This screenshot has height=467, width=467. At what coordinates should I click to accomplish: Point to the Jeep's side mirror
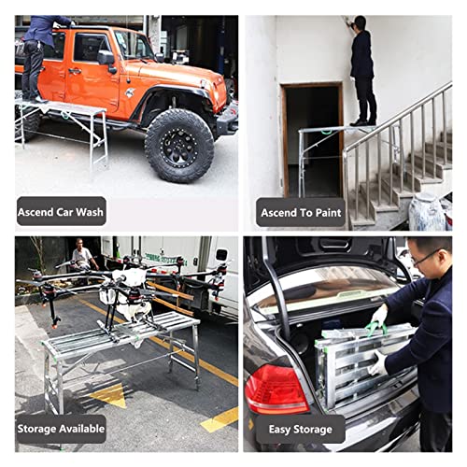[x=106, y=58]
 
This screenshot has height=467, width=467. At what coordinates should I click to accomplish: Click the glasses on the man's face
[x=425, y=260]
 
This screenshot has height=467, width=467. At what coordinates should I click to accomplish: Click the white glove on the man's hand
[x=377, y=364]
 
